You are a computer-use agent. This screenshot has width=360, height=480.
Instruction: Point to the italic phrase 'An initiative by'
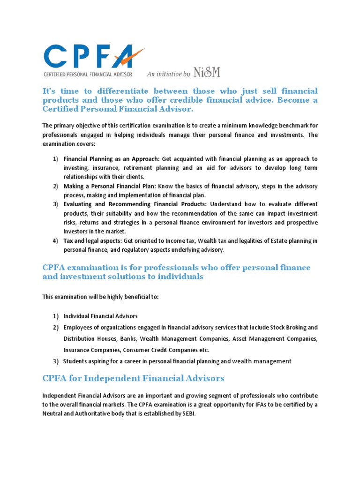click(168, 74)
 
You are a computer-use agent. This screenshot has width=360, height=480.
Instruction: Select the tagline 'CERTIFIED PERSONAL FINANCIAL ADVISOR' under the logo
click(88, 74)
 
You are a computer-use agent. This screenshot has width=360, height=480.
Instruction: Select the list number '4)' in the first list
click(55, 240)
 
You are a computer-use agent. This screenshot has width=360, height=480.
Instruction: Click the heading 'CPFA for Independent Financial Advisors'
click(134, 378)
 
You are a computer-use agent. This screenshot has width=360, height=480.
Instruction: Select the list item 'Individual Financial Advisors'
click(100, 316)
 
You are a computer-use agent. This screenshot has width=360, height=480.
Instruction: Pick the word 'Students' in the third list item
click(76, 361)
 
